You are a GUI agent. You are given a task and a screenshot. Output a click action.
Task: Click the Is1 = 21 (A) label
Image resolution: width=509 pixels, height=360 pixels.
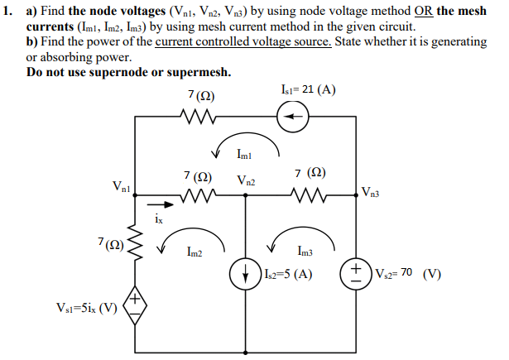(x=308, y=89)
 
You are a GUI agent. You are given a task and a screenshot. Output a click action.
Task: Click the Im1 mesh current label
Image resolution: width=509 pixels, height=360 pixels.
(x=245, y=154)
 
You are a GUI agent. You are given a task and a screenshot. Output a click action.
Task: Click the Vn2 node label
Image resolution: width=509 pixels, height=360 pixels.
(x=246, y=180)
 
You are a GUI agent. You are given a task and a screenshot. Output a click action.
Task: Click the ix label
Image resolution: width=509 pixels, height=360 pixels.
(x=159, y=220)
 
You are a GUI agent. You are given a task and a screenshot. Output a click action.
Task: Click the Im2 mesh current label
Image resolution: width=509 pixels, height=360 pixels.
(x=195, y=253)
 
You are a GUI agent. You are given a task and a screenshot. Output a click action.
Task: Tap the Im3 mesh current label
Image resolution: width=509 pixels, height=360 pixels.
(x=303, y=253)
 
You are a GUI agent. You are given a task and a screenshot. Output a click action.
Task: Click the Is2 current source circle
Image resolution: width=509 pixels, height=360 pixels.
(x=246, y=276)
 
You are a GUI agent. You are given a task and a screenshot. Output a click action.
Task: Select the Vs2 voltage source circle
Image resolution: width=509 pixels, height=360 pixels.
(x=357, y=275)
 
